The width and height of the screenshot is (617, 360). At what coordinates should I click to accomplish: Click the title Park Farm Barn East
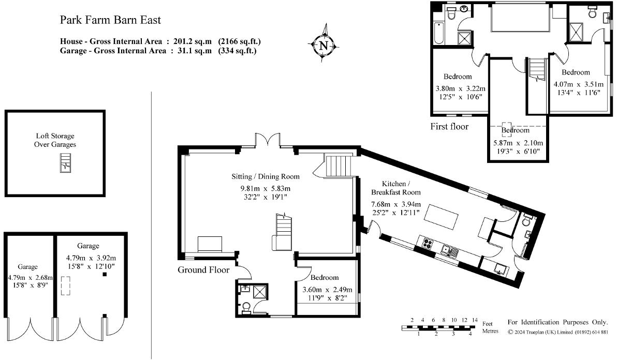click(110, 20)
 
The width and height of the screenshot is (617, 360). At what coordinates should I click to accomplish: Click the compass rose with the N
click(324, 45)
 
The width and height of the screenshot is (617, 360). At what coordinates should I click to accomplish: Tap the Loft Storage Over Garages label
click(55, 141)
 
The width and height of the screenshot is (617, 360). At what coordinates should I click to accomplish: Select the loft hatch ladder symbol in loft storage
click(65, 162)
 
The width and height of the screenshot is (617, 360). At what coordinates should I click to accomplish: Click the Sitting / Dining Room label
click(265, 176)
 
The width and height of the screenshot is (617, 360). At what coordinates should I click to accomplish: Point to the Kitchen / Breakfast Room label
click(396, 188)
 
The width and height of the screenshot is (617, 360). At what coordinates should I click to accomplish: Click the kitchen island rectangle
click(442, 217)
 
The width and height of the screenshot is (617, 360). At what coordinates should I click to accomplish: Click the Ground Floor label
click(203, 269)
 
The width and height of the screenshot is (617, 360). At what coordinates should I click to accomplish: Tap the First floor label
click(449, 126)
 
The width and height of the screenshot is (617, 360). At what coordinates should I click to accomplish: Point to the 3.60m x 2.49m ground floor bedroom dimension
click(327, 293)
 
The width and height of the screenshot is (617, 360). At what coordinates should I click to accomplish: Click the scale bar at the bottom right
click(438, 327)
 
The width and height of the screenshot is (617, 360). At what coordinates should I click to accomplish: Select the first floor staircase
click(537, 69)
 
